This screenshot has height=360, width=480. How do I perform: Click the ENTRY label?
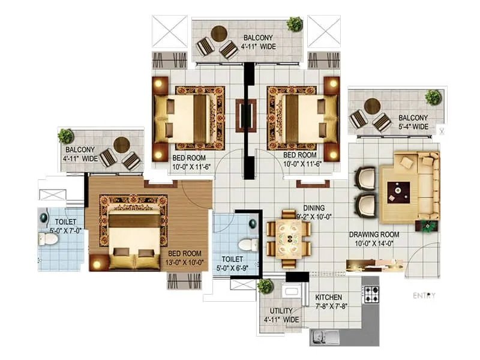[424, 295]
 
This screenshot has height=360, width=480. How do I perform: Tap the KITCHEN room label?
[329, 298]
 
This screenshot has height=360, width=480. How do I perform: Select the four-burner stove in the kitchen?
[371, 294]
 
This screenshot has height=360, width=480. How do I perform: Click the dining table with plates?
[289, 238]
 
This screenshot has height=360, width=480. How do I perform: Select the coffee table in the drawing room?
[396, 191]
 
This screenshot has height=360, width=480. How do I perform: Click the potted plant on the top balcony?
[295, 24]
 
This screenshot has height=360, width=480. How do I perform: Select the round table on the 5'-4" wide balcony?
[373, 106]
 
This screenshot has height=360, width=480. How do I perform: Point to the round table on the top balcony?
[220, 33]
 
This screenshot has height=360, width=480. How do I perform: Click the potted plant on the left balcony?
[66, 136]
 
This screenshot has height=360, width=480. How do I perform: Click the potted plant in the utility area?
[265, 286]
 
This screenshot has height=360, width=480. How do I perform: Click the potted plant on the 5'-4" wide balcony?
[433, 97]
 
